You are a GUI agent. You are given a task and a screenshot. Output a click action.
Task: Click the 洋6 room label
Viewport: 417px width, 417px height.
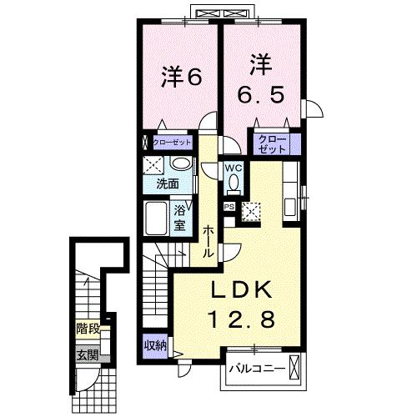[181, 77]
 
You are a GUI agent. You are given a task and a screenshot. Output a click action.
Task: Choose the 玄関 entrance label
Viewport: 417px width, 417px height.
[88, 354]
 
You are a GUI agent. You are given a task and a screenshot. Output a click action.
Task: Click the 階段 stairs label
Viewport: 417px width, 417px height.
[88, 329]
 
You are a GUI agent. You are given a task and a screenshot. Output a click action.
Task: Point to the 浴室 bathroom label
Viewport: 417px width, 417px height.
[180, 219]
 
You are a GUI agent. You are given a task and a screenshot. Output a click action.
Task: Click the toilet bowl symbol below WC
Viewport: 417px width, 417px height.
[234, 183]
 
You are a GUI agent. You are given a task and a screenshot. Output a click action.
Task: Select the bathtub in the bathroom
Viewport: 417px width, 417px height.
[156, 219]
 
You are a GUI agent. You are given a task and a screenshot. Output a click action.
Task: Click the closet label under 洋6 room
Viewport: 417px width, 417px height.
[172, 143]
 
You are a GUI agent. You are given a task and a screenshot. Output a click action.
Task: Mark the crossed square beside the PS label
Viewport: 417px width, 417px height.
[251, 210]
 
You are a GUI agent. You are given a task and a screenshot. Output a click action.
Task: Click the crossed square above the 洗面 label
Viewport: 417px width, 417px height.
[153, 164]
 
